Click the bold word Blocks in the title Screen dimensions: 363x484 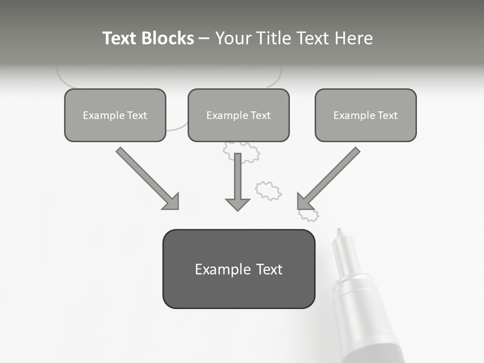[x=167, y=38]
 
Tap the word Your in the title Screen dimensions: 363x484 [x=234, y=38]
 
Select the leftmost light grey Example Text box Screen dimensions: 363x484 [x=115, y=115]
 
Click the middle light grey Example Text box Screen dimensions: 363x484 [x=238, y=115]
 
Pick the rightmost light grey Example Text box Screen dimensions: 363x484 [x=366, y=115]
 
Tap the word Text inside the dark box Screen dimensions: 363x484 [x=269, y=269]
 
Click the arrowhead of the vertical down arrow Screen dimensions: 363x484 [x=237, y=204]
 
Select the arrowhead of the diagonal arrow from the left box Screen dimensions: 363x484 [x=172, y=202]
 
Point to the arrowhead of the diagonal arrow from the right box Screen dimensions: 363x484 [x=304, y=202]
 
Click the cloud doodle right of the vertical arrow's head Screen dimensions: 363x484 [x=268, y=191]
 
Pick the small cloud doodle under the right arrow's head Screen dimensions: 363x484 [x=309, y=215]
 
